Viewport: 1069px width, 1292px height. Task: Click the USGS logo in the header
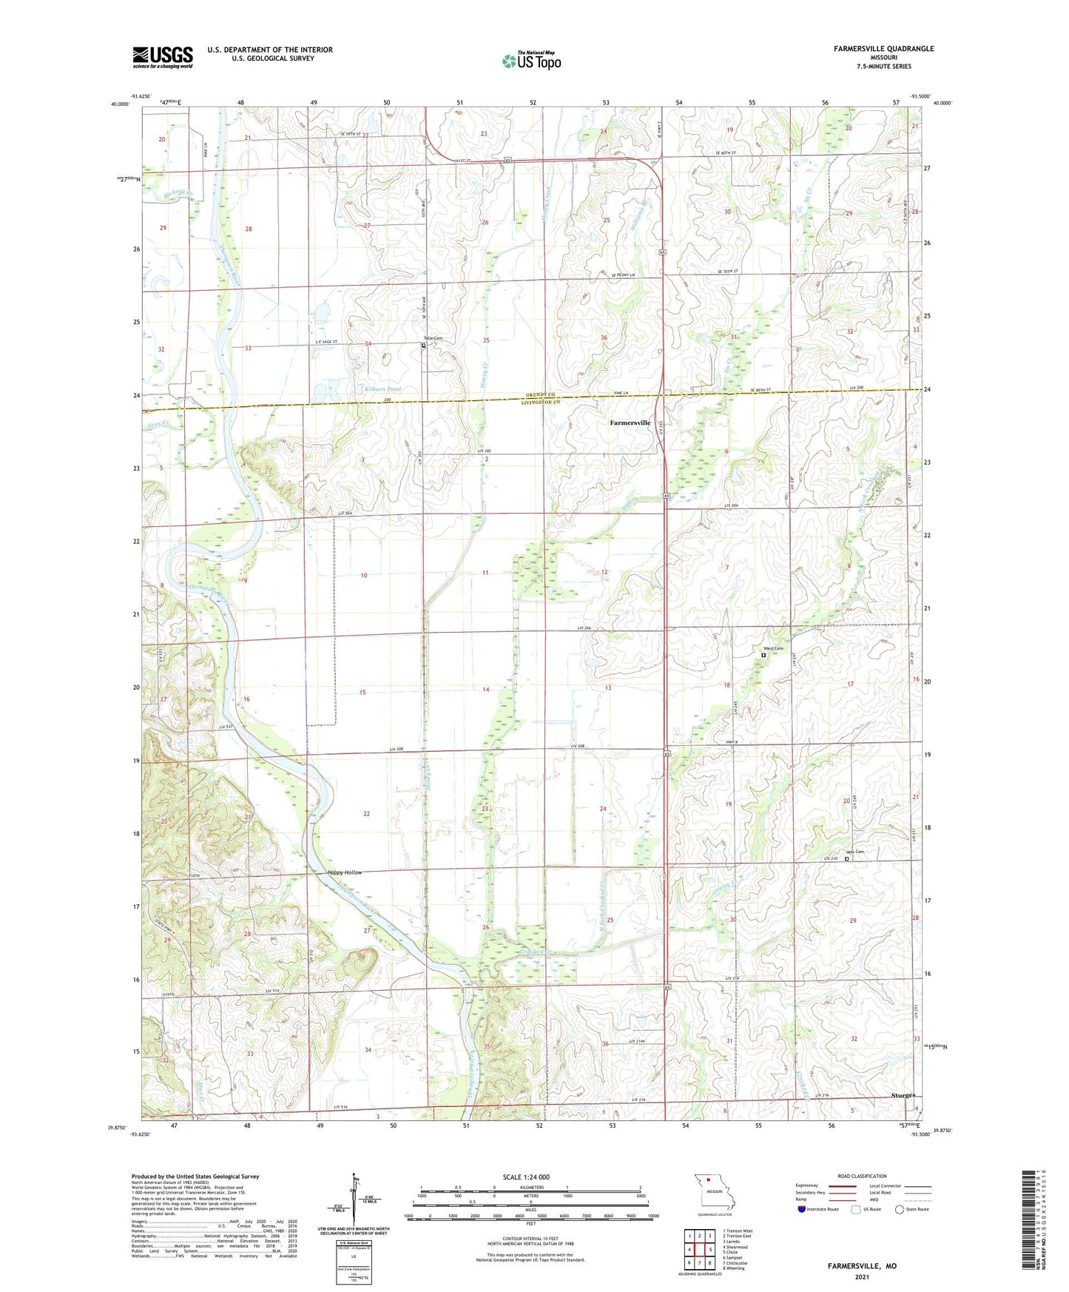[163, 56]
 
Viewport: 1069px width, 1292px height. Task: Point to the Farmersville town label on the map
[630, 423]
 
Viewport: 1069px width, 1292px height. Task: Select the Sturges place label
[903, 1095]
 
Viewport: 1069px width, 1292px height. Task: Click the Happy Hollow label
[345, 872]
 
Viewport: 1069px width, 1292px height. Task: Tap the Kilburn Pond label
[382, 388]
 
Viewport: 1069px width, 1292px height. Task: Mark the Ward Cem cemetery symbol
[763, 655]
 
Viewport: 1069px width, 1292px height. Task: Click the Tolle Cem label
[433, 338]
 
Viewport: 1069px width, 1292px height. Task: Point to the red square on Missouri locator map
[708, 1181]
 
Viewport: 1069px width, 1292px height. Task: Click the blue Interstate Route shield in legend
[802, 1209]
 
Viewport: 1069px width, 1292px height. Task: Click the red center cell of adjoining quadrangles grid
[699, 1250]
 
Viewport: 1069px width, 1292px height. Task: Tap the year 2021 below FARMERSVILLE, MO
[862, 1276]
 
